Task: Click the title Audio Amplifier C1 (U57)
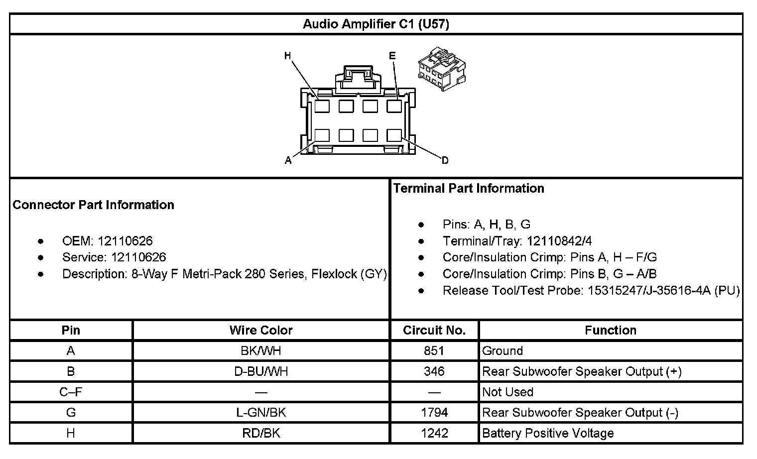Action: [x=376, y=24]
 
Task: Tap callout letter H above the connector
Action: [x=287, y=56]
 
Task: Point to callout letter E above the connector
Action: [x=392, y=56]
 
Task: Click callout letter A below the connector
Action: [x=288, y=160]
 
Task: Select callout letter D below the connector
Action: [x=445, y=160]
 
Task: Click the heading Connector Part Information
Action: [x=94, y=205]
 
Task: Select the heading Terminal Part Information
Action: [x=469, y=188]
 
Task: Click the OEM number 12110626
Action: [x=125, y=241]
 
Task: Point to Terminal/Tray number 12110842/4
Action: [x=559, y=241]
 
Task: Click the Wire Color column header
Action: [x=261, y=330]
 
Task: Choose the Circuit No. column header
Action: [x=434, y=330]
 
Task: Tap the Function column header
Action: [x=611, y=330]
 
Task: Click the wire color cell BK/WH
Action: [x=261, y=351]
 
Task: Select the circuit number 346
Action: [x=434, y=371]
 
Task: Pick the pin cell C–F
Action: [x=71, y=392]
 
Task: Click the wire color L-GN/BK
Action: [x=261, y=413]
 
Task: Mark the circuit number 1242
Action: [x=434, y=433]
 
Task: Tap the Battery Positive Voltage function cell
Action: [x=548, y=433]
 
